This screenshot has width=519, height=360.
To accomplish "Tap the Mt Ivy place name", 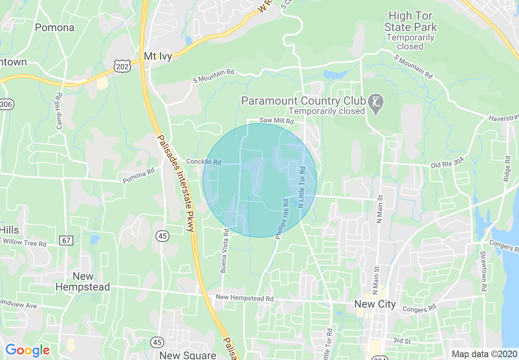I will tap(158, 56).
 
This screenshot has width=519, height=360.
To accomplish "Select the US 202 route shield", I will tap(123, 65).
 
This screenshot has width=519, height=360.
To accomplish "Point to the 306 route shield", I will tap(6, 104).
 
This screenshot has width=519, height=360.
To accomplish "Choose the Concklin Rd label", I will tap(203, 162).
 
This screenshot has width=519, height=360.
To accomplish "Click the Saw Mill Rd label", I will tap(277, 121).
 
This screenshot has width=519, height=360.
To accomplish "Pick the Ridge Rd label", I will tap(508, 169).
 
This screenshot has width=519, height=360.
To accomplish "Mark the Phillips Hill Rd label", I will tap(282, 219).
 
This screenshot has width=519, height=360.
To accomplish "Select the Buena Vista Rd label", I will tap(225, 251).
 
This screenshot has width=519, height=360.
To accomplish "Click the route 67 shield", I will tap(66, 240).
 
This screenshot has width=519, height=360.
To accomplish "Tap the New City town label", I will tap(375, 304).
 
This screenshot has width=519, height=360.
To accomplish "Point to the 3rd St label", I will tap(402, 341).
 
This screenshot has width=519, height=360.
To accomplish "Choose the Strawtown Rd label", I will tap(483, 271).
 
